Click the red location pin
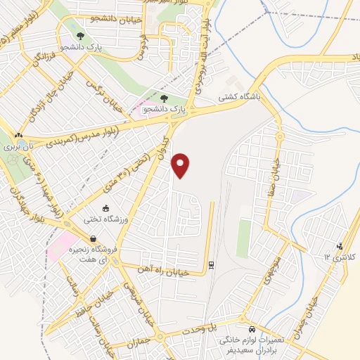click(x=181, y=165)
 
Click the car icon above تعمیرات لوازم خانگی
click(x=252, y=329)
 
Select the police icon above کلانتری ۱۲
click(x=340, y=246)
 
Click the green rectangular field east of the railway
click(x=243, y=238)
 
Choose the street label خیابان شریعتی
click(x=136, y=296)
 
